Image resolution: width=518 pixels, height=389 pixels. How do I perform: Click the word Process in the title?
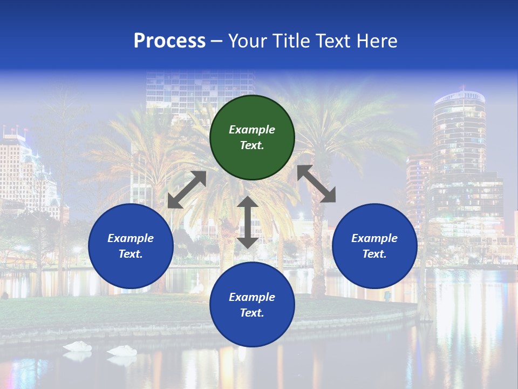(x=169, y=41)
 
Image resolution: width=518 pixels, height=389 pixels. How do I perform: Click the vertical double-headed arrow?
(x=248, y=223)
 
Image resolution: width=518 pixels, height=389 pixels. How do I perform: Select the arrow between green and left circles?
(x=187, y=190)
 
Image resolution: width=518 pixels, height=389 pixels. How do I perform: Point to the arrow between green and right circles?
(x=316, y=184)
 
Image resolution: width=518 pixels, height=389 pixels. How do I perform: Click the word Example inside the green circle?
(x=252, y=130)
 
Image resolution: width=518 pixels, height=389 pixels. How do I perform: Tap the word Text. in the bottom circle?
(x=252, y=313)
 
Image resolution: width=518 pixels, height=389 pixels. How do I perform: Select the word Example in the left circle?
(x=131, y=238)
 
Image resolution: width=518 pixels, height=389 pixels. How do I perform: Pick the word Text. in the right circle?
(x=374, y=254)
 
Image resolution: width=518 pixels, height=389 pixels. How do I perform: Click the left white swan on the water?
(x=77, y=346)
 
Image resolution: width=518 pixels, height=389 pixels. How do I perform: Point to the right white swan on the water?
(x=122, y=351)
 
